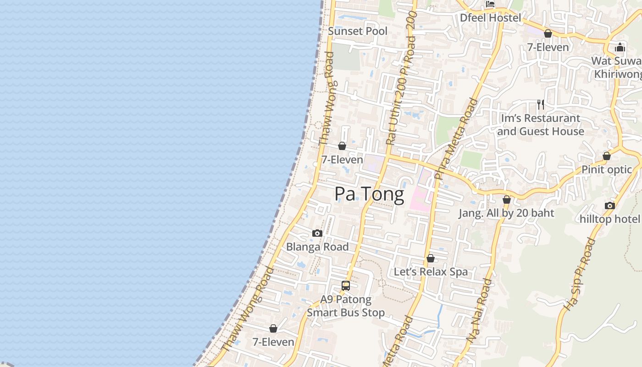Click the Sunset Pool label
tap(358, 31)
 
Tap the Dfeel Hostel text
tap(491, 18)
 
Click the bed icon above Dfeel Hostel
tap(490, 5)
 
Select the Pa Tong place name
tap(369, 194)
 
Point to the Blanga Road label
tap(317, 247)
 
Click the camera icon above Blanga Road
tap(317, 234)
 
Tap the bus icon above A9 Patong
tap(346, 286)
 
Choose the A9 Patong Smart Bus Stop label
tap(346, 306)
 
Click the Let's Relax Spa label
tap(431, 272)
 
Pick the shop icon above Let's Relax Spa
tap(431, 259)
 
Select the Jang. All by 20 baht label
tap(506, 213)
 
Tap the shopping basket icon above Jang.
tap(507, 200)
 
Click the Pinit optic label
tap(607, 170)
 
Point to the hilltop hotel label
tap(610, 219)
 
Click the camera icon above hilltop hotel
tap(609, 206)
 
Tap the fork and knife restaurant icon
tap(541, 105)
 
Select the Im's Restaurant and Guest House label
tap(541, 125)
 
